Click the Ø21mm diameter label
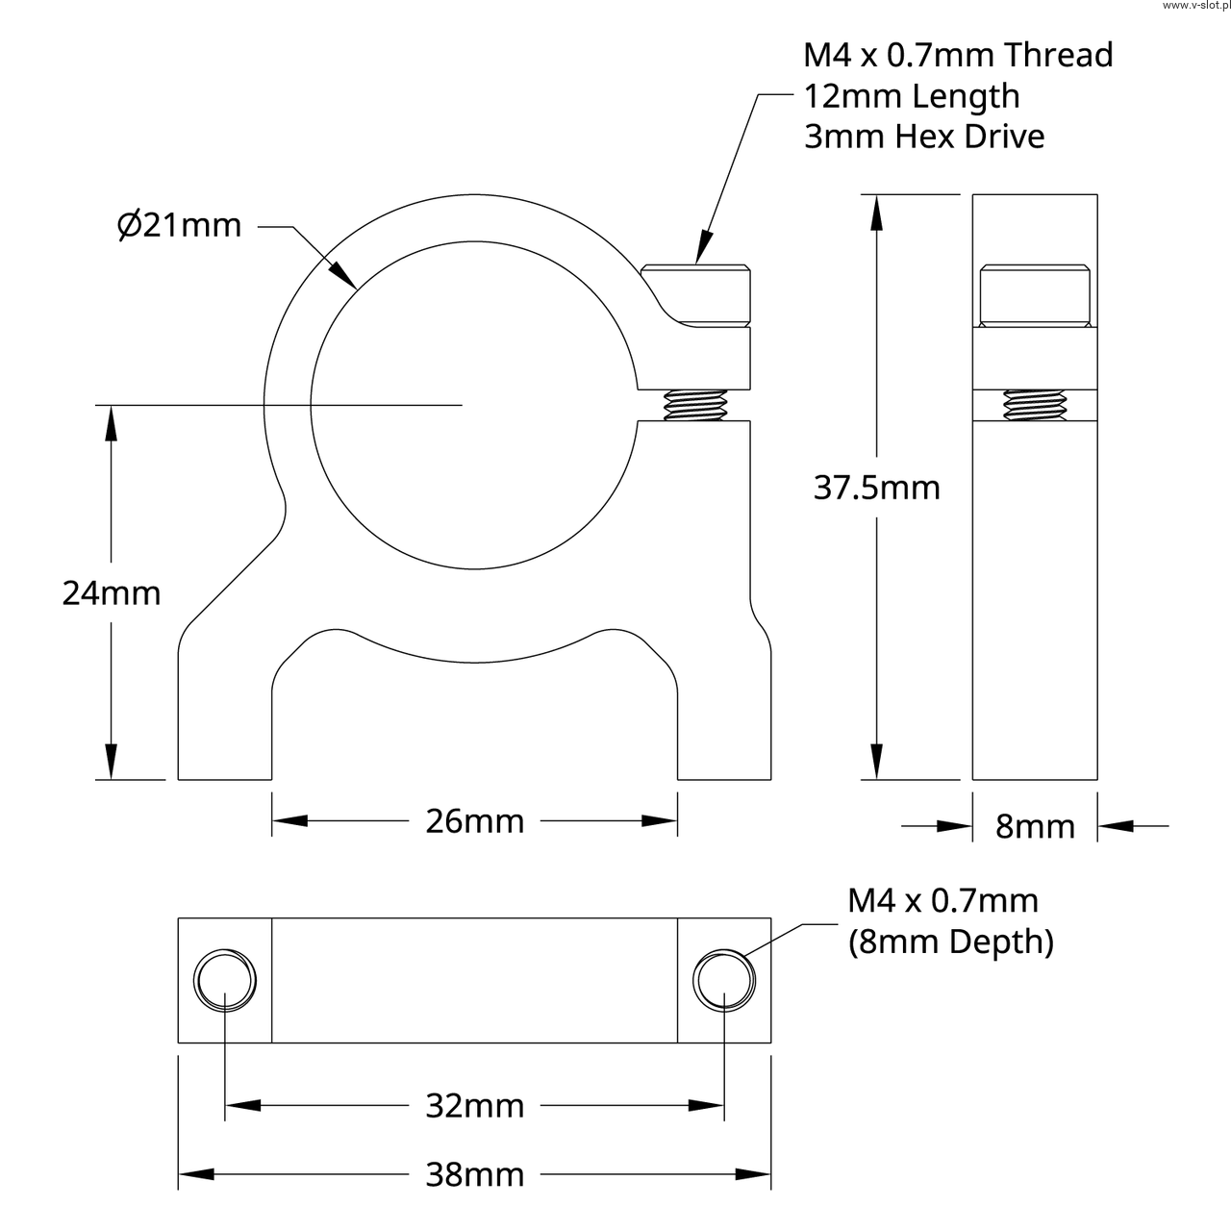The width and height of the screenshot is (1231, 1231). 180,225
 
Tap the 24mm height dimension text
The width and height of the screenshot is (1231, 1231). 112,593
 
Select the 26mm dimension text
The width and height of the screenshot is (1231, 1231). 475,821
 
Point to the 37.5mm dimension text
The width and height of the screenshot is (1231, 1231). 876,488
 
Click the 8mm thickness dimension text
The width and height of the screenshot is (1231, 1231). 1035,827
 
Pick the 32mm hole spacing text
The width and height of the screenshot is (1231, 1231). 475,1106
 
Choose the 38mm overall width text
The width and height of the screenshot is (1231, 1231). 475,1175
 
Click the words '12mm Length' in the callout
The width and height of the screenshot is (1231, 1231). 911,97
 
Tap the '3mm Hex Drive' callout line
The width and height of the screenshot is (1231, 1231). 923,137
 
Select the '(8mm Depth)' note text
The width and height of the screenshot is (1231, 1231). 950,942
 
